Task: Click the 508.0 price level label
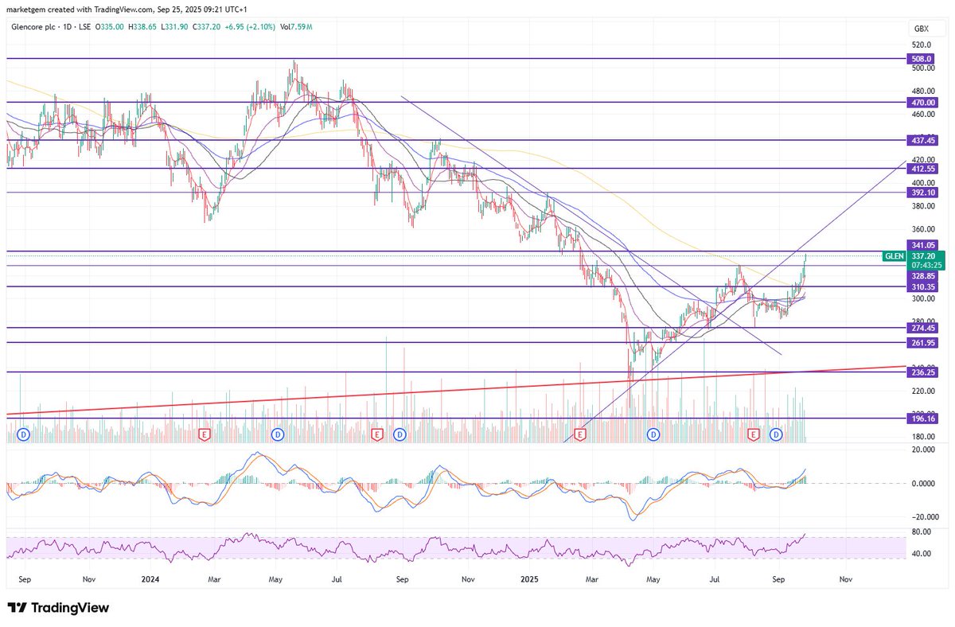coord(920,58)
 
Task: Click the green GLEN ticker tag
coord(894,256)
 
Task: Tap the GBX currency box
coord(922,28)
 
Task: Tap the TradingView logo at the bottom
coord(57,608)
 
